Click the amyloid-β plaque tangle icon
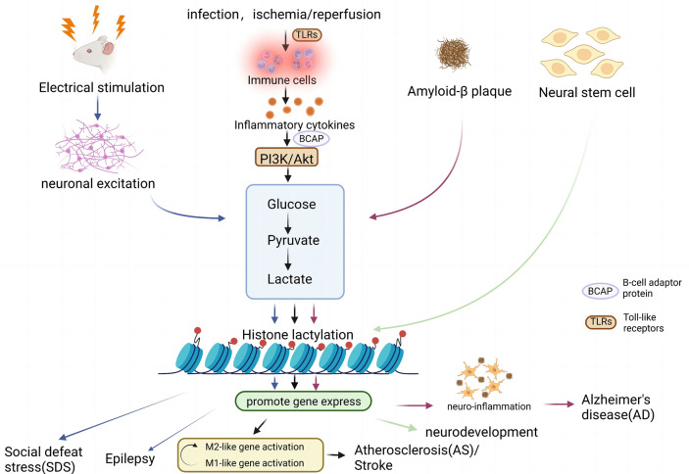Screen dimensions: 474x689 (x=456, y=53)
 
